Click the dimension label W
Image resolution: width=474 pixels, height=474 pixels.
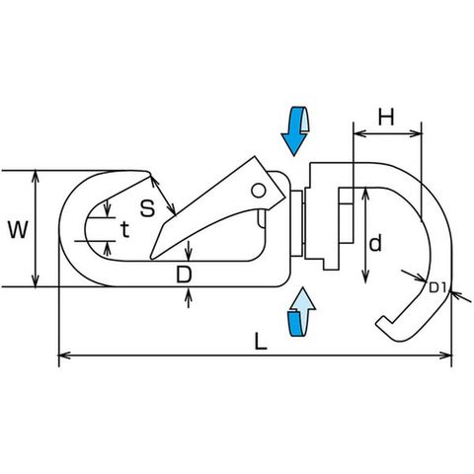click(18, 229)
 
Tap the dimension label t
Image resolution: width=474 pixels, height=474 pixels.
click(124, 229)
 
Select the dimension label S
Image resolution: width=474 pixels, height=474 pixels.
click(147, 208)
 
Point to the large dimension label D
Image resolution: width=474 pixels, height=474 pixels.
click(184, 275)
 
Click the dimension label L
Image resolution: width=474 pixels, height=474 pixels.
click(261, 341)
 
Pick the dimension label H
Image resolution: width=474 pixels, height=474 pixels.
click(386, 117)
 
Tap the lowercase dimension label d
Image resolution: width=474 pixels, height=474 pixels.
click(375, 244)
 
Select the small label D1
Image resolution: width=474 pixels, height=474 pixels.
click(437, 288)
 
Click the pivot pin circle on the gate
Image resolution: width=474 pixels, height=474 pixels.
click(259, 191)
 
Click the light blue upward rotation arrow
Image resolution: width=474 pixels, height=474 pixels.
click(301, 312)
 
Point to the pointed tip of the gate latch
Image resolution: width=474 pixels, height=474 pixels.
click(152, 258)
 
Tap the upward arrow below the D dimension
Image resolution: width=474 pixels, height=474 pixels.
click(188, 293)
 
